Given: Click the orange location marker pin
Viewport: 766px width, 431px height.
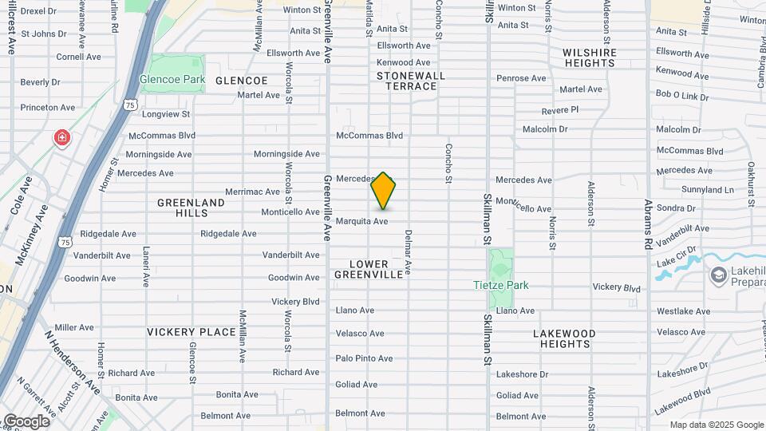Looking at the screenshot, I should [383, 192].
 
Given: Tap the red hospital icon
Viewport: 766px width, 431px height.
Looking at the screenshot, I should [61, 139].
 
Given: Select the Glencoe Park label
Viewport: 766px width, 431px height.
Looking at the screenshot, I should [172, 80].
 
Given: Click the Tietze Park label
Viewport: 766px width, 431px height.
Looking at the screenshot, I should [500, 285].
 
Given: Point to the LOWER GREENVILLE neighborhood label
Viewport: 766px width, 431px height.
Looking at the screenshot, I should [369, 269].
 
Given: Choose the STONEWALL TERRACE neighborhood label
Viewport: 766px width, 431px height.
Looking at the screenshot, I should [412, 81].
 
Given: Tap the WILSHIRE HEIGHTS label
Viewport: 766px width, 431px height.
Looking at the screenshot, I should [589, 57].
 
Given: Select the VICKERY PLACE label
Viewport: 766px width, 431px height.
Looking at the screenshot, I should [191, 332].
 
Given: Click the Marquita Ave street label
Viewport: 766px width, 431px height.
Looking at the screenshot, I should [361, 221].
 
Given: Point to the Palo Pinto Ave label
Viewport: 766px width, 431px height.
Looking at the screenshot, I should [364, 358].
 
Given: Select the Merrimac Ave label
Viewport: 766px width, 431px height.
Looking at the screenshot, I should [252, 192].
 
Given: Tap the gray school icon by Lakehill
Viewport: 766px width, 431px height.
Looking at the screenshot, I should [718, 275].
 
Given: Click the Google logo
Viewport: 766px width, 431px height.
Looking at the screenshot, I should [26, 421].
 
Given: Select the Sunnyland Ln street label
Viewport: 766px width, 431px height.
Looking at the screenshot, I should [708, 190].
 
